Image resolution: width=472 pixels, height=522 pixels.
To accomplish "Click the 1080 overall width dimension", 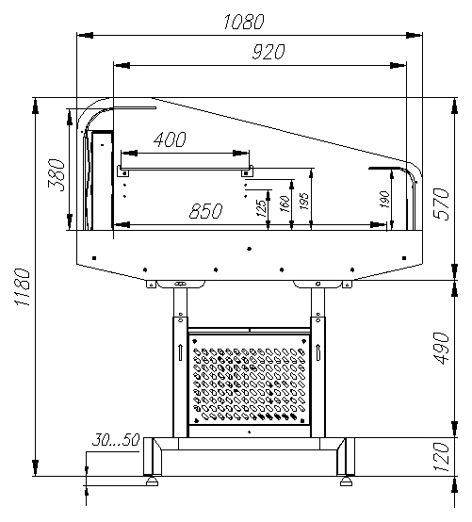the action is coord(244,22).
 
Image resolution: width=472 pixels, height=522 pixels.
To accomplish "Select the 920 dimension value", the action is coord(269,52).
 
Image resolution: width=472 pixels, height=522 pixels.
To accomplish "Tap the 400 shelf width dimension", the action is coord(170,139).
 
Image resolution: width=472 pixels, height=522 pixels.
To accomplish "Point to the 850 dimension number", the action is coord(205,211).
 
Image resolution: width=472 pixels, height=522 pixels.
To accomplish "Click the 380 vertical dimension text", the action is coord(57,175).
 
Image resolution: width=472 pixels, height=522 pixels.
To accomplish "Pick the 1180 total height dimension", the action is coord(23,287).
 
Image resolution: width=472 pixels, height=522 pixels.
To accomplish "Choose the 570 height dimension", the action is coord(442,204).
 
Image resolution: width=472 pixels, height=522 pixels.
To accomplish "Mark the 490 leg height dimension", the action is coord(442,349).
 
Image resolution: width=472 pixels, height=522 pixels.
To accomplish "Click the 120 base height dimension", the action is coord(442,457).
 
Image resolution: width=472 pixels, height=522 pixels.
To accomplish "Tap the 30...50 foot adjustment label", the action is coord(116,440).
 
